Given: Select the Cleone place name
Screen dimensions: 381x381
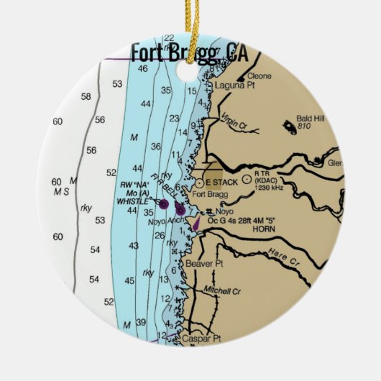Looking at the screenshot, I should (260, 75).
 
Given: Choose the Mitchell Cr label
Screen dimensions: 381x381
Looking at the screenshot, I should (222, 291).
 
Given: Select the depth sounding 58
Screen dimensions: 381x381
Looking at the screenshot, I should (86, 96).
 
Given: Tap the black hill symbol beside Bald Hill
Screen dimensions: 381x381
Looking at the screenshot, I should (291, 126).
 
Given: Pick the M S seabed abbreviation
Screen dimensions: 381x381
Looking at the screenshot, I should (60, 192).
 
